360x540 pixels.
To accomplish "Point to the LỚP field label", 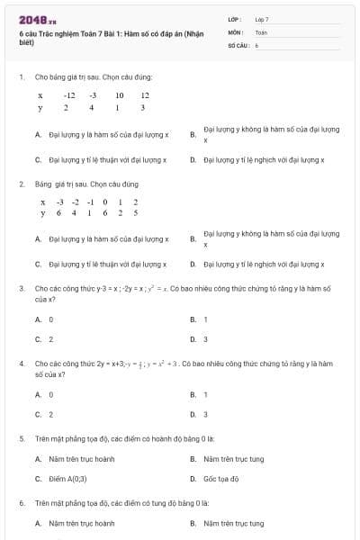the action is pyautogui.click(x=235, y=19).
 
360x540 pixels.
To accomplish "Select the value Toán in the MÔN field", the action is pyautogui.click(x=261, y=31).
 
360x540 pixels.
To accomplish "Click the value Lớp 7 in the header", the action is pyautogui.click(x=262, y=19).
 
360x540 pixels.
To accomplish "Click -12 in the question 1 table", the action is pyautogui.click(x=69, y=94).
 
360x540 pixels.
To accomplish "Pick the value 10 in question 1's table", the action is pyautogui.click(x=119, y=94).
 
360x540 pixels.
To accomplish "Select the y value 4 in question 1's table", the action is pyautogui.click(x=92, y=107).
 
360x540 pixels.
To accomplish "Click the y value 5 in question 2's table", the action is pyautogui.click(x=135, y=213).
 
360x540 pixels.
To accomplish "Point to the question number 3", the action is pyautogui.click(x=21, y=288).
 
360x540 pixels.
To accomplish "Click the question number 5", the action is pyautogui.click(x=21, y=438).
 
